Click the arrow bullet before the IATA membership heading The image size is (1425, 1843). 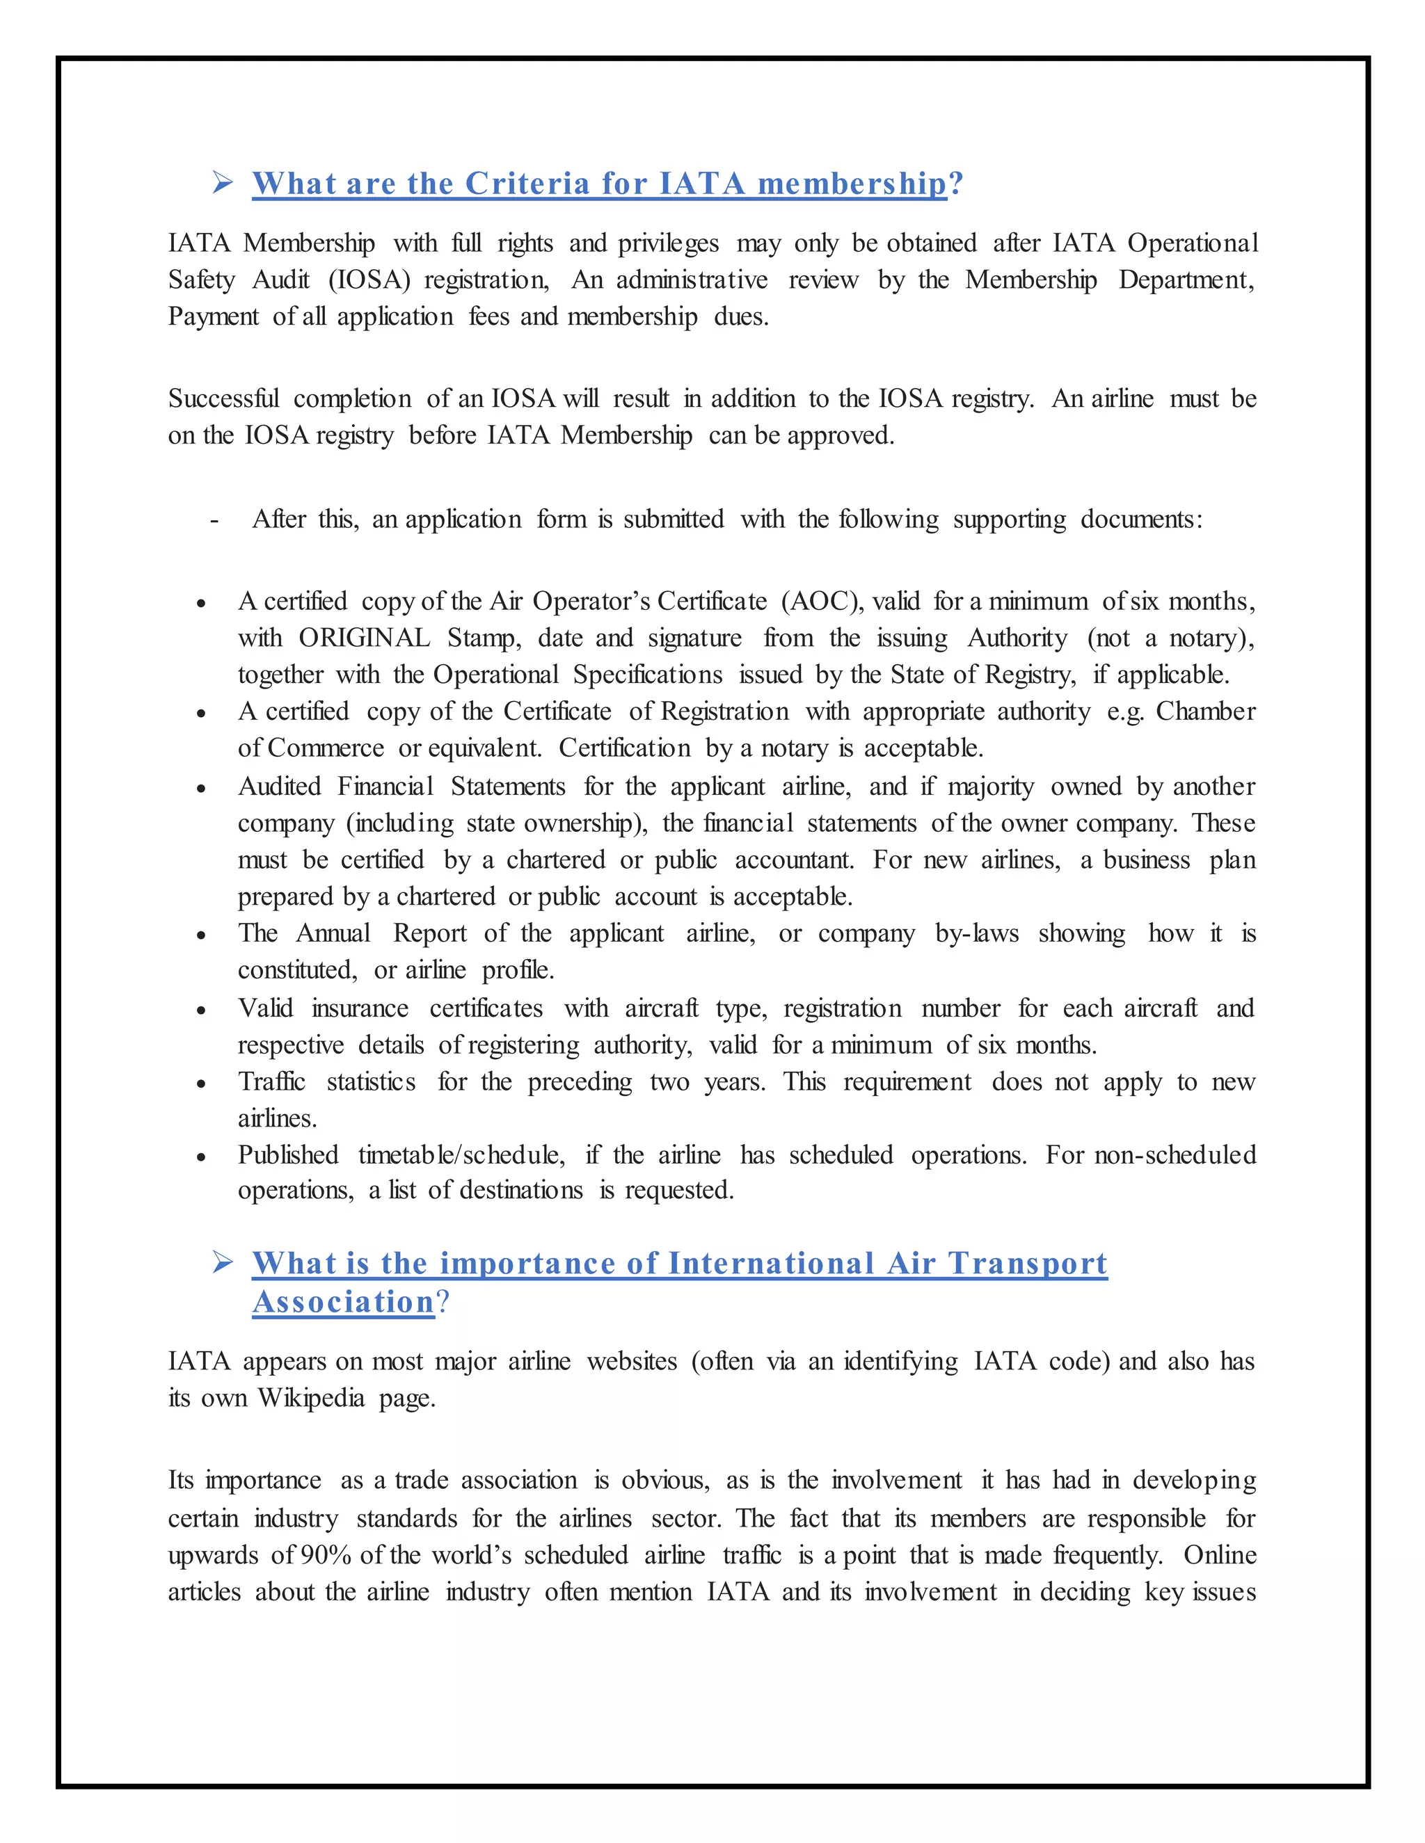[x=223, y=182]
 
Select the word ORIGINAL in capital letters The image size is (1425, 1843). [x=364, y=638]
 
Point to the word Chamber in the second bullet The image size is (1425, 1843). [x=1206, y=711]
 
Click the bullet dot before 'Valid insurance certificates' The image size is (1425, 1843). [x=201, y=1010]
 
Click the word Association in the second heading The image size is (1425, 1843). [x=344, y=1302]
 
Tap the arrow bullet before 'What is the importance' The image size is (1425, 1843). [x=223, y=1262]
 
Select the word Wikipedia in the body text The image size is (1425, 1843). [x=310, y=1399]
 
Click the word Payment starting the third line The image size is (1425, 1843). [x=213, y=316]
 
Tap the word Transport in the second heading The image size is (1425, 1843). [x=1028, y=1263]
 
